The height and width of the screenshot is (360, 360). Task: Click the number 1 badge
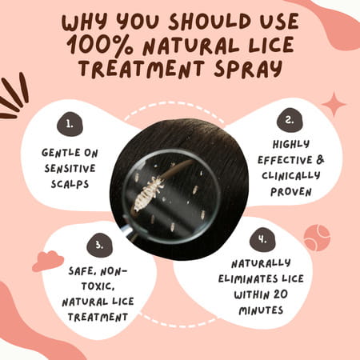(x=70, y=124)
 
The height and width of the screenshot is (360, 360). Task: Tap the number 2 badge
(x=290, y=120)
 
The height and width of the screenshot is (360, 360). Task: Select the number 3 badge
(x=100, y=246)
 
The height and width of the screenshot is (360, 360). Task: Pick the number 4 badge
(x=262, y=240)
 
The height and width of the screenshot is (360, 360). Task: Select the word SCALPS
(x=70, y=184)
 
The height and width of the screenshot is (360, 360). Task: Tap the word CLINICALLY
(x=290, y=176)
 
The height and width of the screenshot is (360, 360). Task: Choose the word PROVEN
(x=291, y=192)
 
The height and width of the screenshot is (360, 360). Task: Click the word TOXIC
(x=98, y=286)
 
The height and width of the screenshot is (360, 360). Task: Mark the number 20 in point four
(x=279, y=294)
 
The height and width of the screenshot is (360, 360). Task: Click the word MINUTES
(x=261, y=310)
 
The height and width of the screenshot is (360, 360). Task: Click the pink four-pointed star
(x=334, y=104)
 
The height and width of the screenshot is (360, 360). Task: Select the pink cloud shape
(x=48, y=261)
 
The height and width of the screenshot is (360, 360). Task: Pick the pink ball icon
(x=317, y=238)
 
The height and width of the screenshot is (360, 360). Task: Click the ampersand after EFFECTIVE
(x=320, y=160)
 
